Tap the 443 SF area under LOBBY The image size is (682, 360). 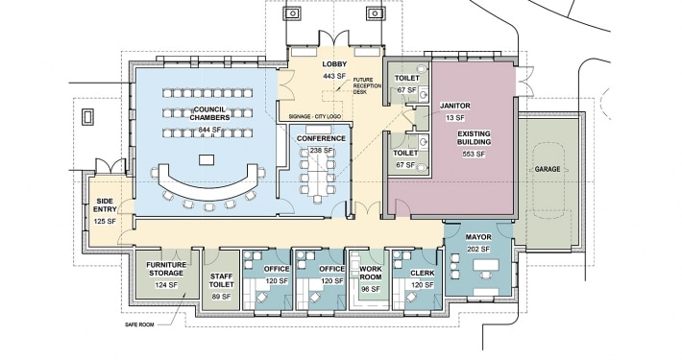click(x=334, y=76)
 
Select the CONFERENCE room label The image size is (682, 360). click(x=321, y=138)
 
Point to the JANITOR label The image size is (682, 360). click(x=455, y=106)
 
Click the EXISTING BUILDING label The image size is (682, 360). click(x=474, y=138)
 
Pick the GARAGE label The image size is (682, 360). click(x=548, y=169)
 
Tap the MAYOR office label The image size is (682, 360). click(x=478, y=237)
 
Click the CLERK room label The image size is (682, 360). click(x=423, y=273)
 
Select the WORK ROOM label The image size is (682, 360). click(x=371, y=273)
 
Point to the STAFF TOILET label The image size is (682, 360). click(x=221, y=280)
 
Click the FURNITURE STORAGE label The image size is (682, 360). click(x=166, y=269)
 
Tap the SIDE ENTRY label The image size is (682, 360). click(x=105, y=205)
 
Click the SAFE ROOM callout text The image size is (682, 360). click(x=139, y=324)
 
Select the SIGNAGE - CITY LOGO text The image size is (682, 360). click(x=314, y=117)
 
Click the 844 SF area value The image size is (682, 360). click(x=210, y=130)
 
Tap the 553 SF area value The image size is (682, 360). click(x=474, y=154)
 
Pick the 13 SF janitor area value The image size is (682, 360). click(x=455, y=118)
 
